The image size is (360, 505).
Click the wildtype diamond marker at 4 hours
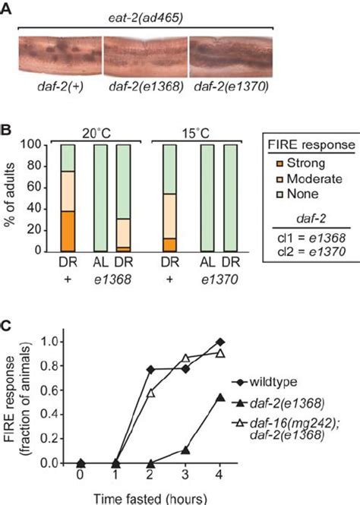pos(221,342)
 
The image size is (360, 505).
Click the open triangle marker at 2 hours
pos(150,393)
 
